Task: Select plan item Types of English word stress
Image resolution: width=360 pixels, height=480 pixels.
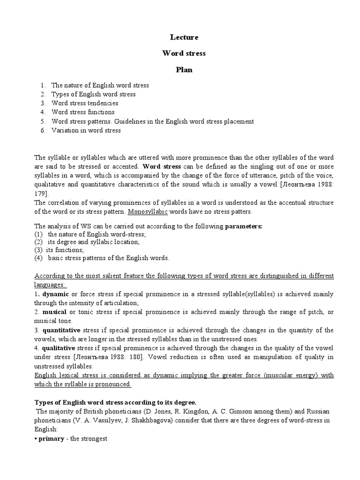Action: point(93,94)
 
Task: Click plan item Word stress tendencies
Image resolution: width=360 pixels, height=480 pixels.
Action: point(84,103)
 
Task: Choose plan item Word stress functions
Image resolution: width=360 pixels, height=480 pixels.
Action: point(82,112)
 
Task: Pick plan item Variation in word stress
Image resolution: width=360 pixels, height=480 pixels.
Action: point(86,130)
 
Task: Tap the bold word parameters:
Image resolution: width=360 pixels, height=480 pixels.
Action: point(244,226)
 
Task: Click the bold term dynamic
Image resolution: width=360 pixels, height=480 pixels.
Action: point(55,294)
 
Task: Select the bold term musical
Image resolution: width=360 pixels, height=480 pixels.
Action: point(54,312)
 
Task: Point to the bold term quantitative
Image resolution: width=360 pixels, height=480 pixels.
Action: point(61,330)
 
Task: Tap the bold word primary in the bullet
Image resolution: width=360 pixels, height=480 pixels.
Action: point(51,439)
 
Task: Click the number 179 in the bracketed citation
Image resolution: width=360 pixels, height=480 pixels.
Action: point(40,193)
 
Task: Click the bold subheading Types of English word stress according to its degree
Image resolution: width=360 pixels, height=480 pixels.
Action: point(116,403)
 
